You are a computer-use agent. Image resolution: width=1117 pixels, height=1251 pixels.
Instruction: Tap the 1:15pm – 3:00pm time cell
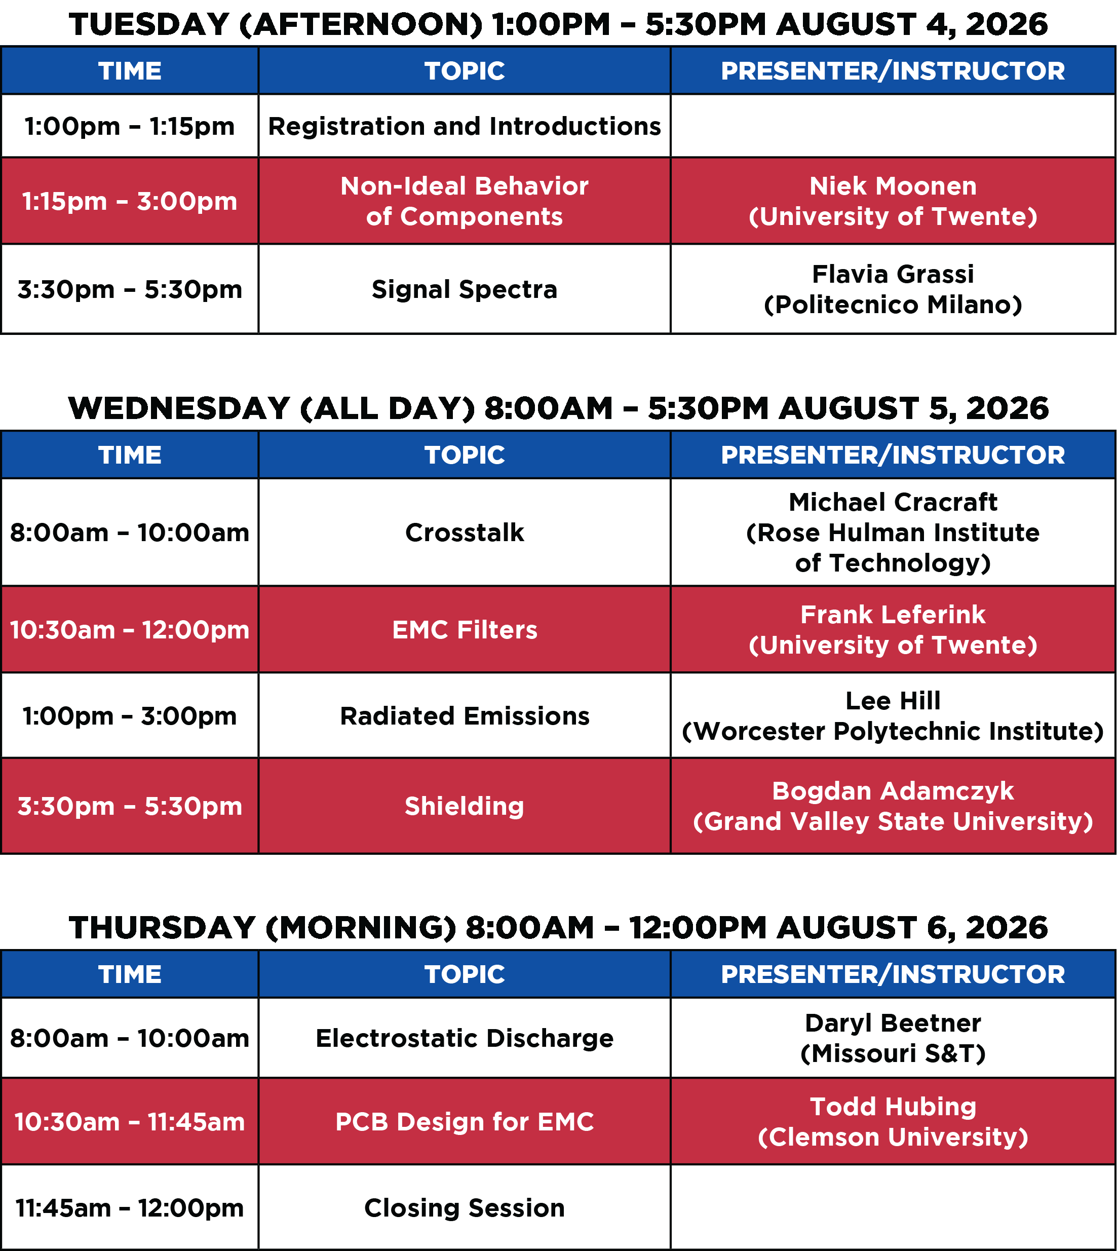pos(130,201)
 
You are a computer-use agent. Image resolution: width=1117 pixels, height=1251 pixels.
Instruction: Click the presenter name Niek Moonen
pos(893,186)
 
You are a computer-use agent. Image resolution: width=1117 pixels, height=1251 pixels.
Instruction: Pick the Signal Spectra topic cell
pos(465,290)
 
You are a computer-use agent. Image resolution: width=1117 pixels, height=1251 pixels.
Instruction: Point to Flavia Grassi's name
pos(893,275)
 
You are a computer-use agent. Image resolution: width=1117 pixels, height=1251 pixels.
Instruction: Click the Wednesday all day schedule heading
pos(558,409)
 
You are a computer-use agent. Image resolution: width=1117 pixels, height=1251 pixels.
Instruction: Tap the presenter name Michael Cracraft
pos(893,502)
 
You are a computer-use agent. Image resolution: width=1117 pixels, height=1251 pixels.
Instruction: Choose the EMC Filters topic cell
pos(465,630)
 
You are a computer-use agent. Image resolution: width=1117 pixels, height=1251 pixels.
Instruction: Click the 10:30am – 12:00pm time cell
pos(130,630)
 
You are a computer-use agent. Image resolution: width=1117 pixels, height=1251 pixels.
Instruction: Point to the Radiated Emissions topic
pos(465,716)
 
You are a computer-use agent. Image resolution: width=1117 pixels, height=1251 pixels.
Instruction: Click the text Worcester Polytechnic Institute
pos(893,732)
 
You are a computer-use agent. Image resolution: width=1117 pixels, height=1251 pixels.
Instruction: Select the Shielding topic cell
pos(465,807)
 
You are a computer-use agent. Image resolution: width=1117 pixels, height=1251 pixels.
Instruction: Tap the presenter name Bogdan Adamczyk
pos(893,791)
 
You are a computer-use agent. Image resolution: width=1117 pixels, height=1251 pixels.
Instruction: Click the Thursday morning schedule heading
pos(558,928)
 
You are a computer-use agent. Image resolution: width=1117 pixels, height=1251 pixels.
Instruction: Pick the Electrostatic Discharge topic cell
pos(465,1039)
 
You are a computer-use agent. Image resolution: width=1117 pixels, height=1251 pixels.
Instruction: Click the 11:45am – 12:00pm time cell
pos(130,1208)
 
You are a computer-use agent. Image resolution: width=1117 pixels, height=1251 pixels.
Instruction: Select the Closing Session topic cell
pos(465,1208)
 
